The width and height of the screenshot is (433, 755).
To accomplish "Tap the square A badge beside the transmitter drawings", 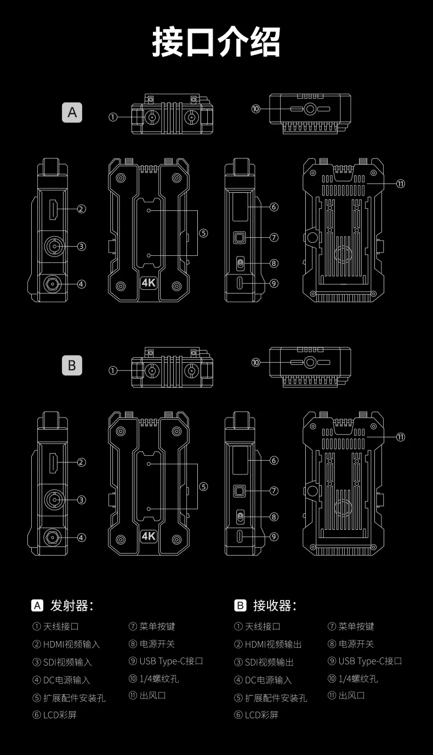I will [x=72, y=112].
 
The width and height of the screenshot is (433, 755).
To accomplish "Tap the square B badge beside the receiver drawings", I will [x=72, y=365].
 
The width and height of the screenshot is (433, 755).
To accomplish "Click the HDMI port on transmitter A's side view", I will [x=54, y=208].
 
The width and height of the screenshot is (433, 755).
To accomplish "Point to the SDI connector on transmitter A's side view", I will [x=53, y=246].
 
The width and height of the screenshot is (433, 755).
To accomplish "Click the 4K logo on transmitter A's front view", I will [x=149, y=283].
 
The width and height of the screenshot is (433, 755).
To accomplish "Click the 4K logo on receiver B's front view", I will [x=149, y=536].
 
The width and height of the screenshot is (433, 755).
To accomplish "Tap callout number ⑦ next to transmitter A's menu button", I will [x=274, y=237].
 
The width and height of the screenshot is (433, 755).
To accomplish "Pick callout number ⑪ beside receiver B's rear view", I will [x=401, y=437].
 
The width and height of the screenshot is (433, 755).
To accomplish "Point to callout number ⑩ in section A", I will [x=256, y=109].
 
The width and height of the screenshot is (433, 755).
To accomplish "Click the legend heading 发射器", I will [x=71, y=605].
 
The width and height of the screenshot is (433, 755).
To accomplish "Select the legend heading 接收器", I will [x=274, y=605].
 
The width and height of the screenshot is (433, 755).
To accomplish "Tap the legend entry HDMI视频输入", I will [x=71, y=644].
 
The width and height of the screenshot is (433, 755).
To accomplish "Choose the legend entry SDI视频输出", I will [x=269, y=662].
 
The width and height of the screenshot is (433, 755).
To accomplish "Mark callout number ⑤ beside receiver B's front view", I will [x=203, y=487].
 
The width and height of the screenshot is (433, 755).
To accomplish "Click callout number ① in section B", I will [x=113, y=370].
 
